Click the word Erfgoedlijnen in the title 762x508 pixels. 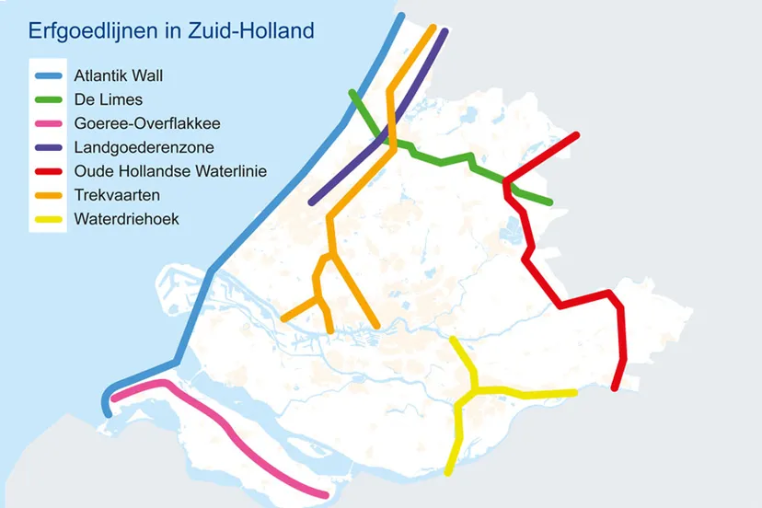click(92, 31)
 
